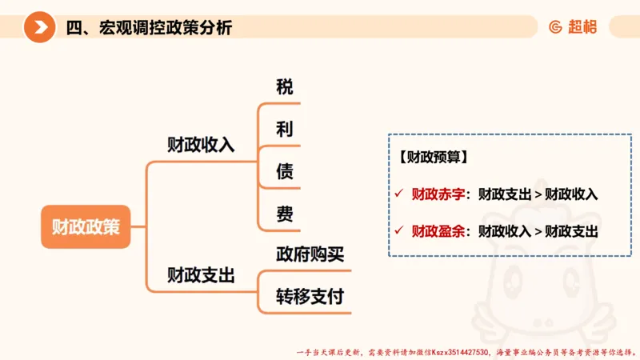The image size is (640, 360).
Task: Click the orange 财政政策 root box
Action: coord(86,226)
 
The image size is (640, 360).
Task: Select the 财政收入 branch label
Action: coord(200,145)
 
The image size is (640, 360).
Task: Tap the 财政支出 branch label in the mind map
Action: coord(200,276)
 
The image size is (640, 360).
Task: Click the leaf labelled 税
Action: coord(285,87)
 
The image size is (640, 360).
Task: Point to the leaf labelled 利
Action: coord(285,130)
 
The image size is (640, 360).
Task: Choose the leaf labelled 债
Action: coord(285,171)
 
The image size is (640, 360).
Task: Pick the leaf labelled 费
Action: coord(285,214)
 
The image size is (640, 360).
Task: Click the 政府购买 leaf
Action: coord(310,254)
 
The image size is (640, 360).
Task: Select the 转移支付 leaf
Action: coord(310,297)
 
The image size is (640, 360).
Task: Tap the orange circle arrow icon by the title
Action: coord(39,28)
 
